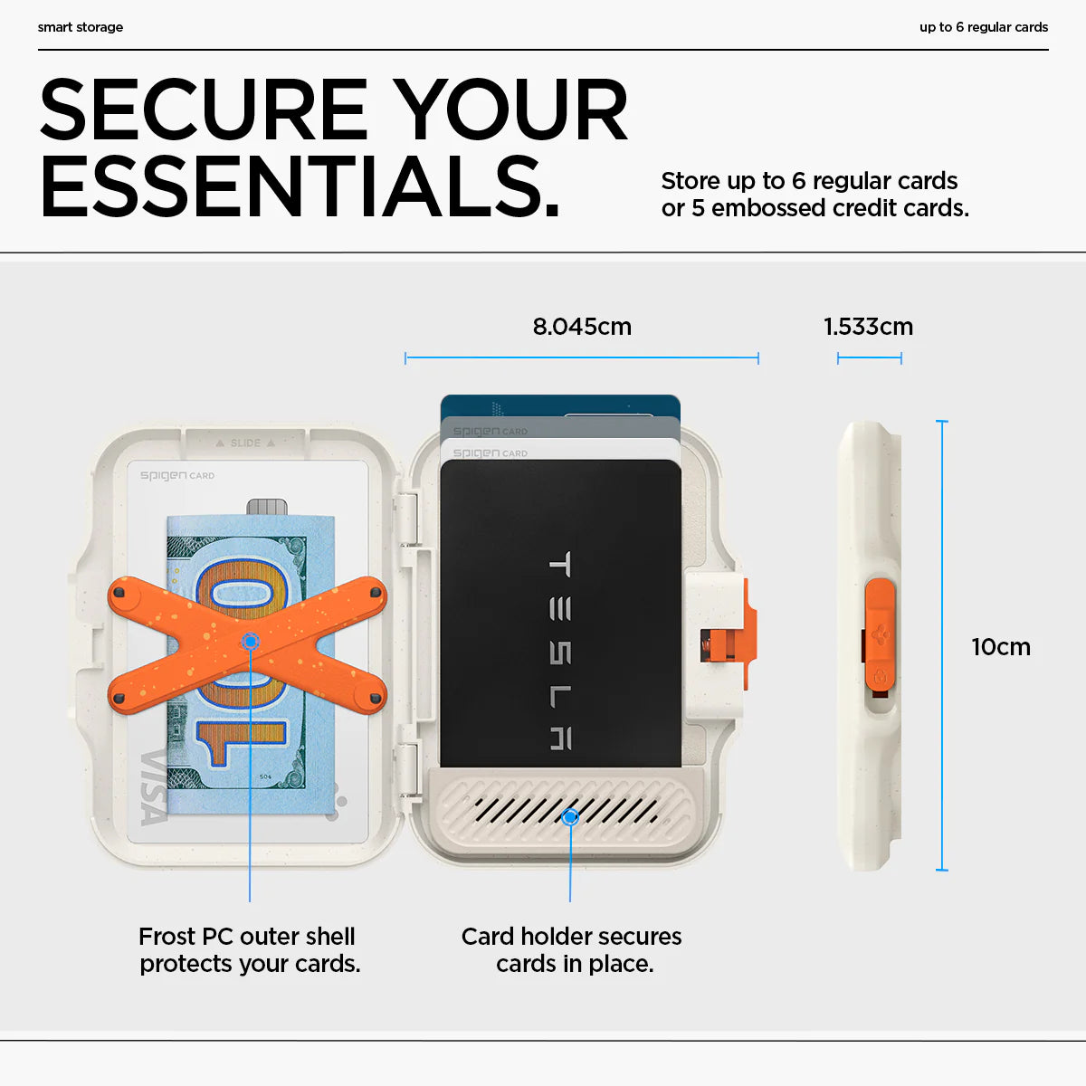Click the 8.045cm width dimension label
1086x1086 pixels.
click(x=582, y=327)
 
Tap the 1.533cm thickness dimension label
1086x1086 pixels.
click(x=869, y=327)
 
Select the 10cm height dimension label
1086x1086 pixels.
click(x=1001, y=646)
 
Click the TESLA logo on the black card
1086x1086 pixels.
click(x=560, y=651)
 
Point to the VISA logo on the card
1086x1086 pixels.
click(x=153, y=787)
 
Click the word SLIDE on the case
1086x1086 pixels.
click(x=245, y=443)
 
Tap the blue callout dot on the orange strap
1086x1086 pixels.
click(x=250, y=642)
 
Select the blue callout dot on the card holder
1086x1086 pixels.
click(x=570, y=816)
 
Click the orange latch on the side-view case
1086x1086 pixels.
click(x=879, y=635)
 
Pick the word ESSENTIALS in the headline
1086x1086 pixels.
click(x=300, y=186)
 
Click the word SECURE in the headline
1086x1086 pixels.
click(x=204, y=109)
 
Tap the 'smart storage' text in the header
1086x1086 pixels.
click(x=80, y=27)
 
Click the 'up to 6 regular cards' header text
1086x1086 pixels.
click(x=984, y=27)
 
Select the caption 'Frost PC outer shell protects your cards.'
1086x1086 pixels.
click(x=249, y=949)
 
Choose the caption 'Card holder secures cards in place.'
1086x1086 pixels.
click(x=571, y=949)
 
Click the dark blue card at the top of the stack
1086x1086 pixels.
click(x=560, y=405)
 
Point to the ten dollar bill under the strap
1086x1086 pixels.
click(x=250, y=664)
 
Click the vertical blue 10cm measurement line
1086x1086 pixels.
click(x=942, y=645)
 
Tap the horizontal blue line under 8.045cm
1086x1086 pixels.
click(x=582, y=357)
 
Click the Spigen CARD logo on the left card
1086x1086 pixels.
click(x=177, y=475)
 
